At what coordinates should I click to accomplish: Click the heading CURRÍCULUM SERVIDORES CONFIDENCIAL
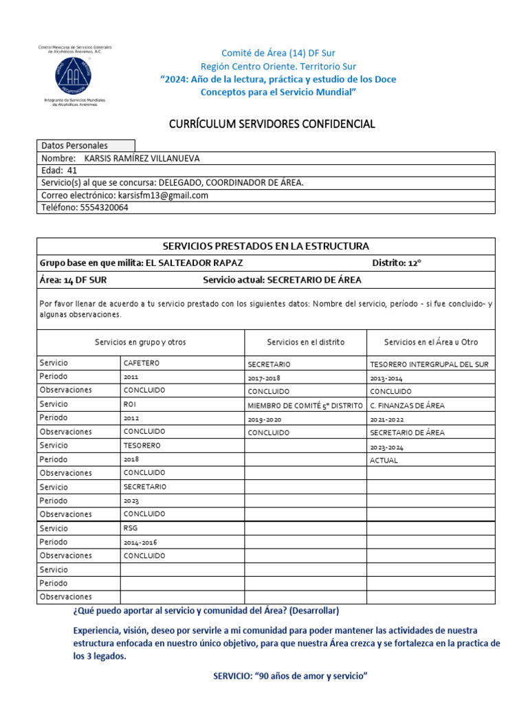(272, 124)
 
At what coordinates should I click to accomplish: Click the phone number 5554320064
(104, 208)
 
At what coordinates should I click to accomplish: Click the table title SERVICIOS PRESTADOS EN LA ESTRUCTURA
(265, 246)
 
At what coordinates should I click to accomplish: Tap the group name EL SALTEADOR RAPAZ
(195, 263)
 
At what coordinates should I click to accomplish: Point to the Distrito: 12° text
(397, 263)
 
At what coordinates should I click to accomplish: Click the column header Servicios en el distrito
(305, 342)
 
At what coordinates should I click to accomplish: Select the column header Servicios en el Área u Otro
(430, 342)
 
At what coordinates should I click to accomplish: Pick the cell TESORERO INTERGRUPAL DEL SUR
(429, 364)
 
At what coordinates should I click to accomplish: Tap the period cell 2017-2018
(264, 377)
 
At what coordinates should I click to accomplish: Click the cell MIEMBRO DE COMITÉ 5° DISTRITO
(305, 405)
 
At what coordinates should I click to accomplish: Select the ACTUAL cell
(384, 460)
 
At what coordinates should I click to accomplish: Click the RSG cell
(131, 529)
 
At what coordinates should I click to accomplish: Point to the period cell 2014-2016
(140, 542)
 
